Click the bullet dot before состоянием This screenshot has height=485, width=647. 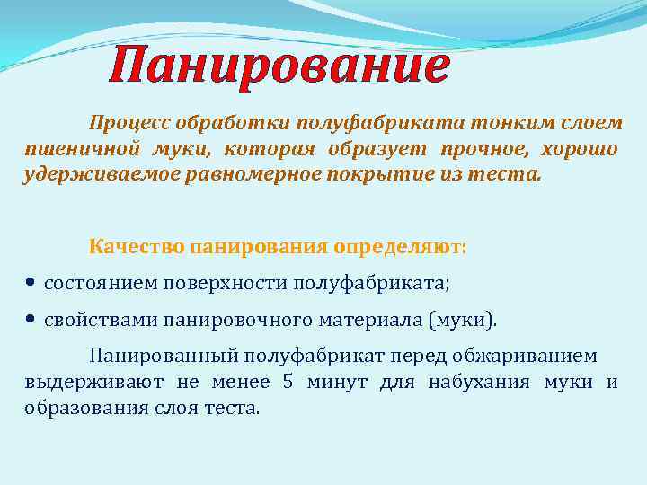31,282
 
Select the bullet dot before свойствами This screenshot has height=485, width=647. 31,320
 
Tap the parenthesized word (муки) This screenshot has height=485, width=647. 462,321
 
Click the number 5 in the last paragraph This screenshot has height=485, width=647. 288,382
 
